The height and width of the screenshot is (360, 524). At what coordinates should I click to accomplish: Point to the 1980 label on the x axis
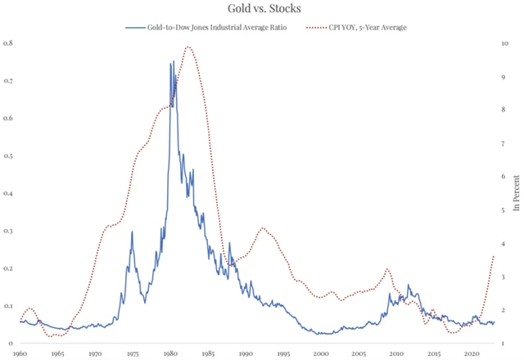coord(170,353)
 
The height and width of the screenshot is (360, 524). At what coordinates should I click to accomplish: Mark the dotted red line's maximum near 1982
coord(189,47)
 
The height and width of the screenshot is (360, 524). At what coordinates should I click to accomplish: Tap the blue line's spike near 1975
coord(132,232)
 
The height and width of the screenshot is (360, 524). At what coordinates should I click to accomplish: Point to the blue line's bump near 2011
coord(409,286)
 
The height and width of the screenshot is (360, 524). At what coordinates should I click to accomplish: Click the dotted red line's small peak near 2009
coord(388,268)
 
